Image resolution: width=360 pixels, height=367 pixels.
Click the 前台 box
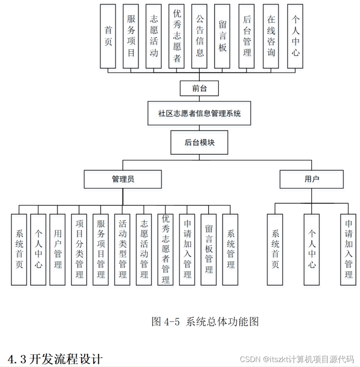point(199,88)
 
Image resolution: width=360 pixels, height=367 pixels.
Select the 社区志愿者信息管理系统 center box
point(199,113)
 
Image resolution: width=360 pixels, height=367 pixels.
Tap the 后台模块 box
point(199,143)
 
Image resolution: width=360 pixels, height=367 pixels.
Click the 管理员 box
point(123,179)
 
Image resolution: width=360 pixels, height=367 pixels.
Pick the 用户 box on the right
point(312,179)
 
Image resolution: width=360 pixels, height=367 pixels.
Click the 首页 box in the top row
point(108,36)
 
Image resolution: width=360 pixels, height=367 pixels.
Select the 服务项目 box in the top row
point(131,36)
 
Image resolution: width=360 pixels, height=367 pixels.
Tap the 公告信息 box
point(199,36)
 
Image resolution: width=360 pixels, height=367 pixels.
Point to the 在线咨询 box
point(271,36)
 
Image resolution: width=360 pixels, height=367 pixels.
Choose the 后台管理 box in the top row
point(247,36)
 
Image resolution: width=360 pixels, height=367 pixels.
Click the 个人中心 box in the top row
point(295,36)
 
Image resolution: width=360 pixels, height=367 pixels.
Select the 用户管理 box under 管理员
point(57,249)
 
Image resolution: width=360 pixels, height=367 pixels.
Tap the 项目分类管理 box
point(79,249)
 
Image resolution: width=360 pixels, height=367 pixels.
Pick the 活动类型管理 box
point(122,249)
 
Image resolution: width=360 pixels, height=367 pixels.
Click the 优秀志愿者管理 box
point(166,249)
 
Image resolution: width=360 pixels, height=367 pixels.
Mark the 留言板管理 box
point(209,249)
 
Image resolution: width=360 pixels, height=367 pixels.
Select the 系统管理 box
point(230,249)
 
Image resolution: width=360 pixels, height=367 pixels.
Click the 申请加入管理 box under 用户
point(348,249)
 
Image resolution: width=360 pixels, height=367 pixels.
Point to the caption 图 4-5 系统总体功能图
point(205,322)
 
